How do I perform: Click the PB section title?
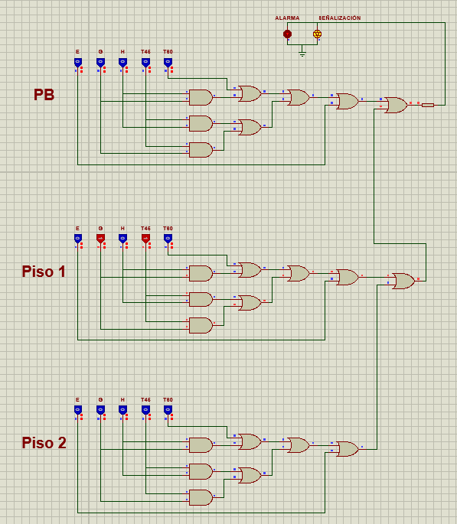(44, 95)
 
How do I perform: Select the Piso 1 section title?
(44, 272)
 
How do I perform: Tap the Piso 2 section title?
(44, 443)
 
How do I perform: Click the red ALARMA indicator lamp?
(287, 34)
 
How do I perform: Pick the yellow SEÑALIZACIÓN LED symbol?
(317, 34)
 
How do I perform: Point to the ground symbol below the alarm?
(302, 54)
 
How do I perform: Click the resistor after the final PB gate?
(428, 105)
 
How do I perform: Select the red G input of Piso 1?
(100, 239)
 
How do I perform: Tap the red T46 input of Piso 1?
(145, 239)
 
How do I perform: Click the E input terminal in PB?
(77, 62)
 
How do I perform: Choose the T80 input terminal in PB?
(168, 62)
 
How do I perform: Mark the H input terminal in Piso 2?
(122, 410)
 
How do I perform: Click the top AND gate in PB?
(201, 97)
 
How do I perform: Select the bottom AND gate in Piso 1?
(201, 325)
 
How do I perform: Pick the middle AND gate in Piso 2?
(201, 471)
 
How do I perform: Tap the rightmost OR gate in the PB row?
(396, 105)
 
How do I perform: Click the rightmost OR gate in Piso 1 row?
(403, 281)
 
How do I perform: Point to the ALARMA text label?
(287, 18)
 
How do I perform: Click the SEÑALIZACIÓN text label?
(340, 18)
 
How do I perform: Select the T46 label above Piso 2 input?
(145, 399)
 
